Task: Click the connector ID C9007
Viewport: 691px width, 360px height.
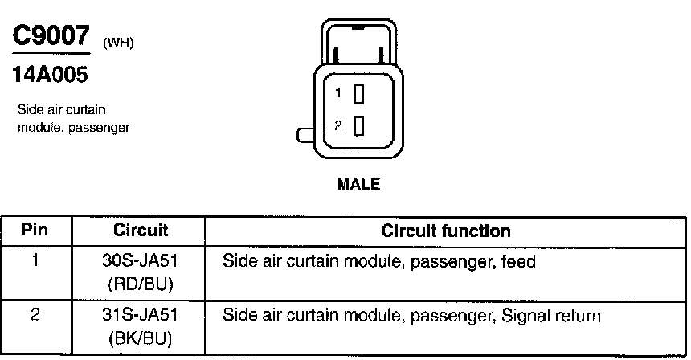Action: [49, 35]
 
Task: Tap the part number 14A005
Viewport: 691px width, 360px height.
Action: [49, 76]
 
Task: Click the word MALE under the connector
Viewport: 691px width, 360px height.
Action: [358, 184]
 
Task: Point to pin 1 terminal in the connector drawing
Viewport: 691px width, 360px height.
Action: [359, 95]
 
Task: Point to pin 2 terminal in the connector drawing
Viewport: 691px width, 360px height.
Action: [359, 125]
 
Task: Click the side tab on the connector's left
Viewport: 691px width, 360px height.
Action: [305, 135]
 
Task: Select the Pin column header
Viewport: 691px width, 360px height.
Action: [35, 231]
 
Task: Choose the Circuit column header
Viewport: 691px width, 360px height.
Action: [140, 231]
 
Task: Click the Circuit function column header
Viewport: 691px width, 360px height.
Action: [446, 231]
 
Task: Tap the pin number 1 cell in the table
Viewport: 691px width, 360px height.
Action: [35, 261]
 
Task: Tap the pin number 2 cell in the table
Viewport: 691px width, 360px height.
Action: [35, 316]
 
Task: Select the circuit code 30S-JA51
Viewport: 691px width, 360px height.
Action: [141, 262]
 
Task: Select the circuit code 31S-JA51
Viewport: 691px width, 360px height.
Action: [141, 316]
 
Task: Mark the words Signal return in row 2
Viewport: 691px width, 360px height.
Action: [550, 316]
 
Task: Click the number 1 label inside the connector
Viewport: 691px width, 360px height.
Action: [339, 94]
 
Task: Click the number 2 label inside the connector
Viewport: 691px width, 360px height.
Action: [339, 125]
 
